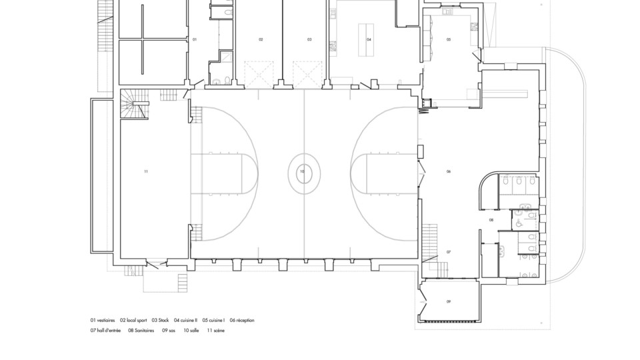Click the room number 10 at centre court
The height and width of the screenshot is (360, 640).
click(x=302, y=171)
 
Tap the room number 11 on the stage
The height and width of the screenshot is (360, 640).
click(x=146, y=171)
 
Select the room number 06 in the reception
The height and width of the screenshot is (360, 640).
click(x=449, y=171)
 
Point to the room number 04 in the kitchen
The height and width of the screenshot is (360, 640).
click(x=369, y=39)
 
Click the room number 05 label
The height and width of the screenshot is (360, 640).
click(x=449, y=39)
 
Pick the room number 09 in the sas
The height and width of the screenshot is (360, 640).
click(x=449, y=301)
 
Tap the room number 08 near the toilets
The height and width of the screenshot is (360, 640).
click(x=491, y=220)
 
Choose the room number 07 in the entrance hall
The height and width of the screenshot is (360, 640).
click(x=449, y=252)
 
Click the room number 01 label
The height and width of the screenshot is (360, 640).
click(x=195, y=39)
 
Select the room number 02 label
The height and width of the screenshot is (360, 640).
click(x=261, y=39)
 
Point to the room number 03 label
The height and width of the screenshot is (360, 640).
click(x=309, y=39)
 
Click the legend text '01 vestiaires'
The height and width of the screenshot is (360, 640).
click(x=103, y=321)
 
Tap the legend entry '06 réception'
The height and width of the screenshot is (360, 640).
click(x=242, y=321)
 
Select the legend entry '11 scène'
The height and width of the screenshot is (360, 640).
click(x=216, y=331)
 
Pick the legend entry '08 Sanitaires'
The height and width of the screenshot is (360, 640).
click(x=141, y=331)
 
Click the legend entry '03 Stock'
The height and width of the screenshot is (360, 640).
click(x=161, y=321)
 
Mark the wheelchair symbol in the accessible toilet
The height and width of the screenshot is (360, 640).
click(x=519, y=223)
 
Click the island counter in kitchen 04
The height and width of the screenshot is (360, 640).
click(x=366, y=39)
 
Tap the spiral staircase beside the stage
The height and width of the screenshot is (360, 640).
click(x=134, y=104)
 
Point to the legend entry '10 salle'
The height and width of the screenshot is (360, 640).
click(x=191, y=331)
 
